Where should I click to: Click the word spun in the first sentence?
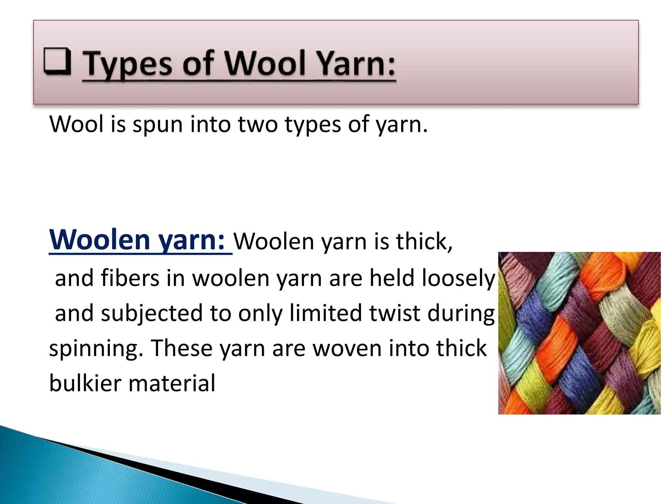[x=157, y=125]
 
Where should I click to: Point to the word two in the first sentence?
[x=258, y=125]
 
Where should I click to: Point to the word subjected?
[x=152, y=314]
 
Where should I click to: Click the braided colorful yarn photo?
[x=579, y=333]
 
